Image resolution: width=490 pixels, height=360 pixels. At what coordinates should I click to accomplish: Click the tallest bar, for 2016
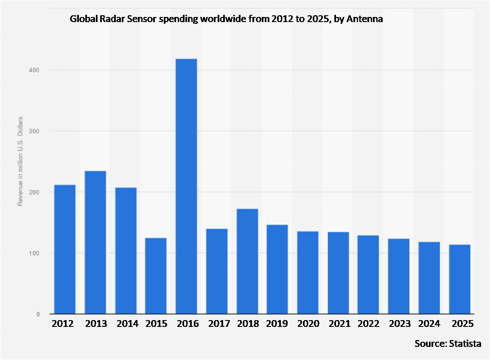click(186, 186)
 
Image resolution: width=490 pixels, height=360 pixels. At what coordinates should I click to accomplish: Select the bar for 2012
click(65, 249)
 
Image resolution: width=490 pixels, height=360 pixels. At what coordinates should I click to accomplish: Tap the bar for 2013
click(95, 242)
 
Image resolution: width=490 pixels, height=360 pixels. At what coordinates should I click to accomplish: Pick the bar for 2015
click(156, 276)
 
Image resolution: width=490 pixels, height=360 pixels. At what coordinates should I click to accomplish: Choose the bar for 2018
click(247, 261)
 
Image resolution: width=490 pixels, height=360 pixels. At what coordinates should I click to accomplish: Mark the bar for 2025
click(460, 279)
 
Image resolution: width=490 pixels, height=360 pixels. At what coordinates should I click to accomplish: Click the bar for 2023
click(399, 276)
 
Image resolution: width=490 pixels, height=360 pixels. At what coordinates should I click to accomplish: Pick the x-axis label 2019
click(277, 324)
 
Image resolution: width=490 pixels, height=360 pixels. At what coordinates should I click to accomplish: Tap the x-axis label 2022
click(368, 324)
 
